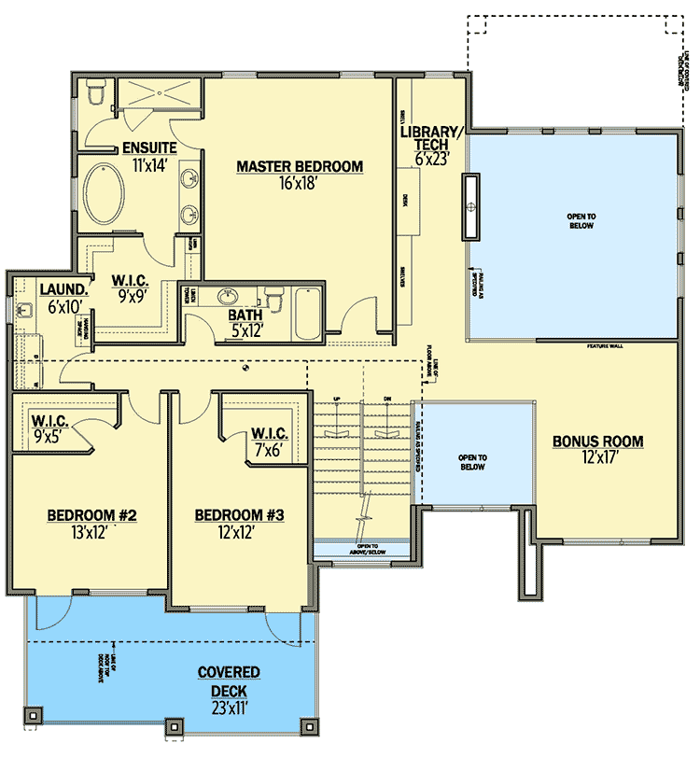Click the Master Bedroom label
299,167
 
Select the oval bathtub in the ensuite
110,194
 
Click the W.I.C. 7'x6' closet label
269,434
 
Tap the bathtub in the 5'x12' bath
307,315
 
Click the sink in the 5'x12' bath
228,299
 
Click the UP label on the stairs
336,400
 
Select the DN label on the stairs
386,400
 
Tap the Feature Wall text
604,346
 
